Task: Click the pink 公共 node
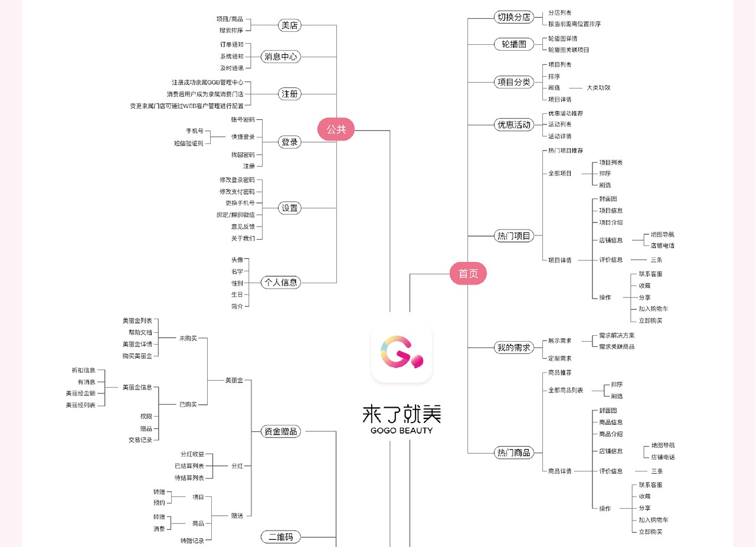tap(336, 130)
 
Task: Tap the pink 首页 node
tap(468, 274)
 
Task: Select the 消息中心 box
tap(281, 57)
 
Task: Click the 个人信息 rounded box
tap(281, 283)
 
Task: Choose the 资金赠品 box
tap(281, 431)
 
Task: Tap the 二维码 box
tap(281, 537)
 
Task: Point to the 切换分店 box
tap(513, 17)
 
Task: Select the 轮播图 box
tap(513, 44)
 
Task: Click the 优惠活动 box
tap(513, 125)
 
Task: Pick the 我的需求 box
tap(513, 347)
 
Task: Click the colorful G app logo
tap(402, 352)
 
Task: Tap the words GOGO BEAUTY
tap(401, 430)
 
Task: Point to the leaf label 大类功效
tap(598, 87)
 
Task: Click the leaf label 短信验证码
tap(188, 143)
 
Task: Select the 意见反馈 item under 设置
tap(243, 227)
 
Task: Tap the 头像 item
tap(237, 260)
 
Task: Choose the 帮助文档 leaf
tap(140, 332)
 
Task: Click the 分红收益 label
tap(192, 454)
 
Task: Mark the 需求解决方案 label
tap(617, 335)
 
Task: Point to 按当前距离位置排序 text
tap(574, 24)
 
